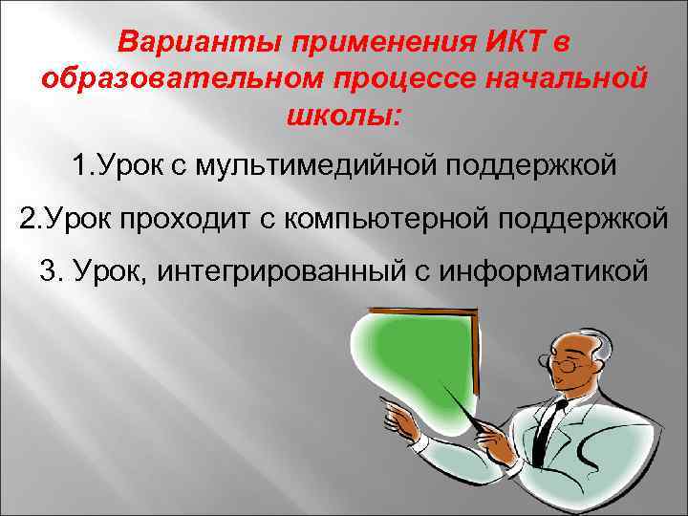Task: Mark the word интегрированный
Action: (277, 270)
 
